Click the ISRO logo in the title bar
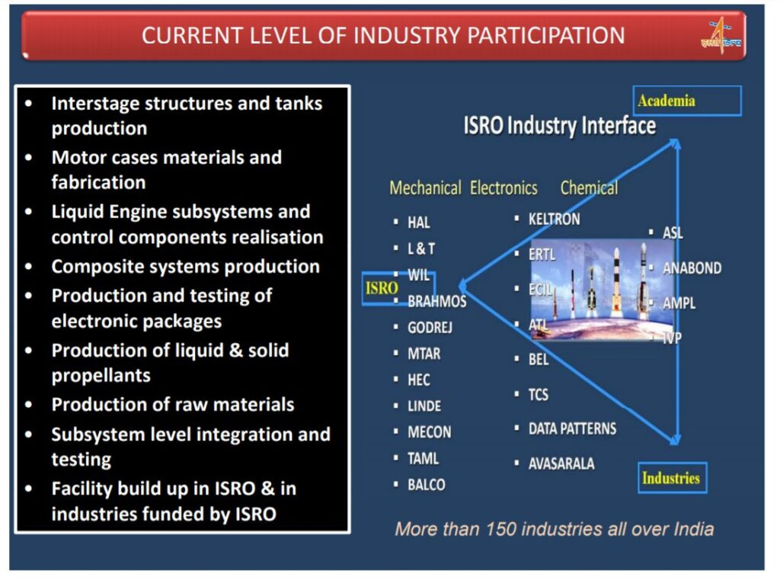point(721,35)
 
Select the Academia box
point(687,101)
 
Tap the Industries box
point(672,478)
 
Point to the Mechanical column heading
point(425,187)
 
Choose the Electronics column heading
point(503,187)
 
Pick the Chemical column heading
point(589,187)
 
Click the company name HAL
point(418,223)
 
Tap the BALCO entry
point(427,485)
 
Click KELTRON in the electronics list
point(554,220)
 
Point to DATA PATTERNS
point(572,428)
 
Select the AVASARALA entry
point(561,463)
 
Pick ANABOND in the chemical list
point(692,268)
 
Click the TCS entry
point(539,395)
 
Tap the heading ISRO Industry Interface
point(560,126)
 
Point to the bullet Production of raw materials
point(172,405)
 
